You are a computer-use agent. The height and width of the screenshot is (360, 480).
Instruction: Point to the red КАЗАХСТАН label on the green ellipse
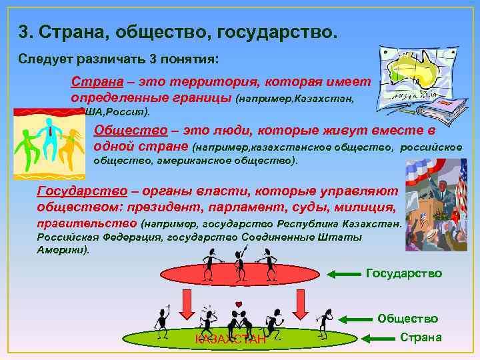tap(230, 340)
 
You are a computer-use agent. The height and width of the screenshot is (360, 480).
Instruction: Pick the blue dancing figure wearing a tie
tap(49, 133)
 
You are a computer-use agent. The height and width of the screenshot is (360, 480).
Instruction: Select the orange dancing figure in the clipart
tap(70, 143)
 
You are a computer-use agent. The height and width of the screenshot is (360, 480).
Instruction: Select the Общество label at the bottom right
tap(407, 319)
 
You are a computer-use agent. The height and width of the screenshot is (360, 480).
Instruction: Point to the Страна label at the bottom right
tap(420, 337)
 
